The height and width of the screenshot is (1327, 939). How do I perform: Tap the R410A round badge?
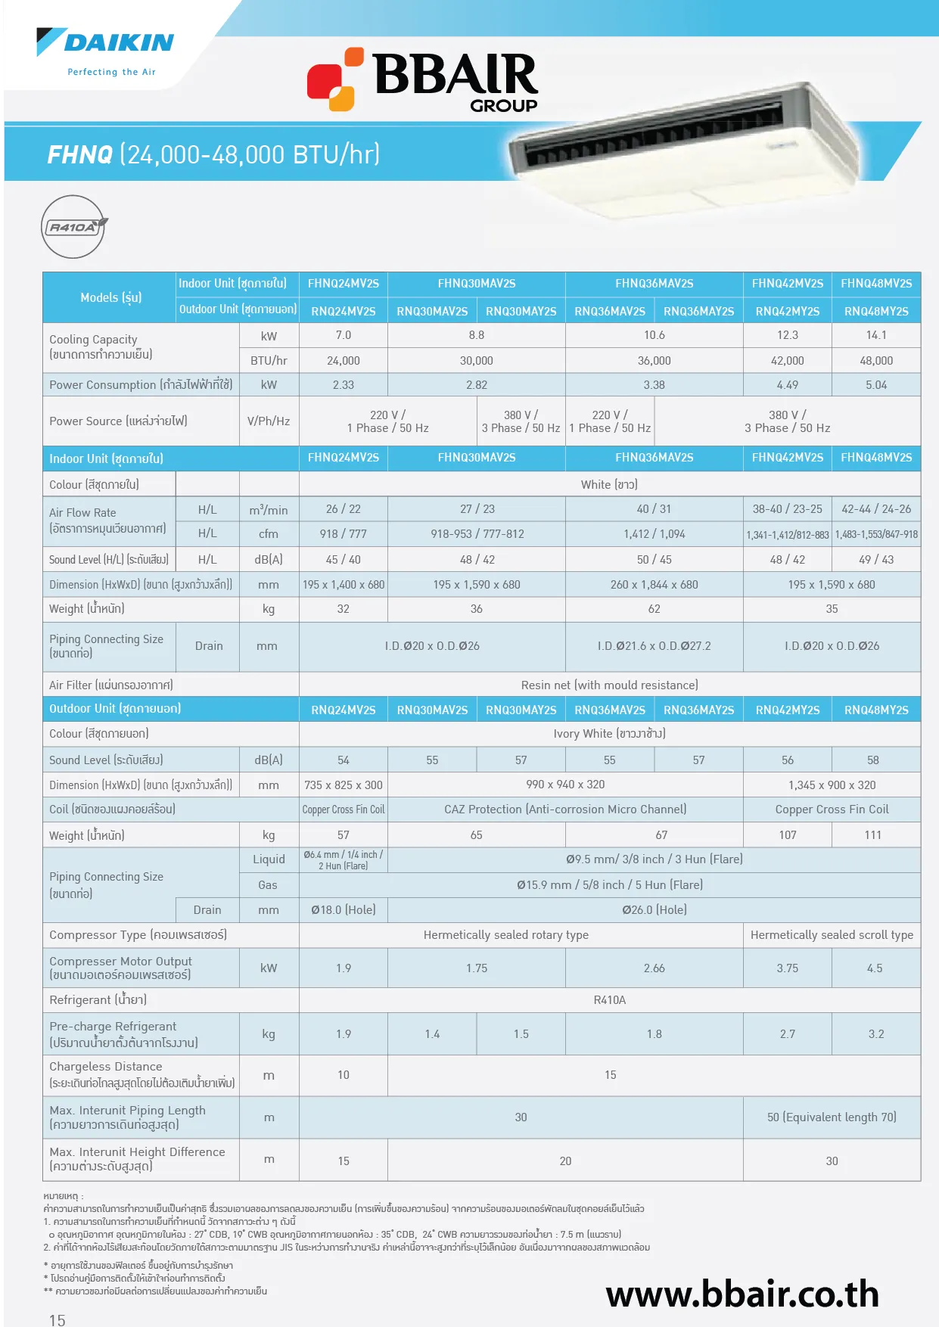(x=73, y=227)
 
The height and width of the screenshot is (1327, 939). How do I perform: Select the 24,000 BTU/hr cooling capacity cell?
(x=343, y=361)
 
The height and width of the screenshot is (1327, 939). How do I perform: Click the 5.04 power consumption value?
(x=875, y=385)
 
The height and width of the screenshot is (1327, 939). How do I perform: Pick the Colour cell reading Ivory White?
(x=609, y=734)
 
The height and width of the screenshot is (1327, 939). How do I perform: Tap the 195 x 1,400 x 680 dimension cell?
(x=343, y=585)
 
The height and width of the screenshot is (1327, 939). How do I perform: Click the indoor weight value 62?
(x=654, y=609)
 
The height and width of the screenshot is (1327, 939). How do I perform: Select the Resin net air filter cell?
(x=609, y=685)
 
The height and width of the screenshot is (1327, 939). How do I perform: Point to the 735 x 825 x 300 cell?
(x=343, y=785)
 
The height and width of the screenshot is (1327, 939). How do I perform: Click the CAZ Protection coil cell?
(x=565, y=810)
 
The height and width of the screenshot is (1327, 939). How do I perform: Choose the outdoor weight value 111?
(x=872, y=835)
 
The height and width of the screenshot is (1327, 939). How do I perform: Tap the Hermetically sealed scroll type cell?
(x=832, y=935)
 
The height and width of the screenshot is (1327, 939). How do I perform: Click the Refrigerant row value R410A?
(x=609, y=1000)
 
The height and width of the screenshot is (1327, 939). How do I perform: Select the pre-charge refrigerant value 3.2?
(x=875, y=1034)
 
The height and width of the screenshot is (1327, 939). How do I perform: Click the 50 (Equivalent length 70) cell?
(x=832, y=1117)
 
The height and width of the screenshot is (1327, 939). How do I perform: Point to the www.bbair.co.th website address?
(x=742, y=1294)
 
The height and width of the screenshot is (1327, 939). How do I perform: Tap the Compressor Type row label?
(x=138, y=935)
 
